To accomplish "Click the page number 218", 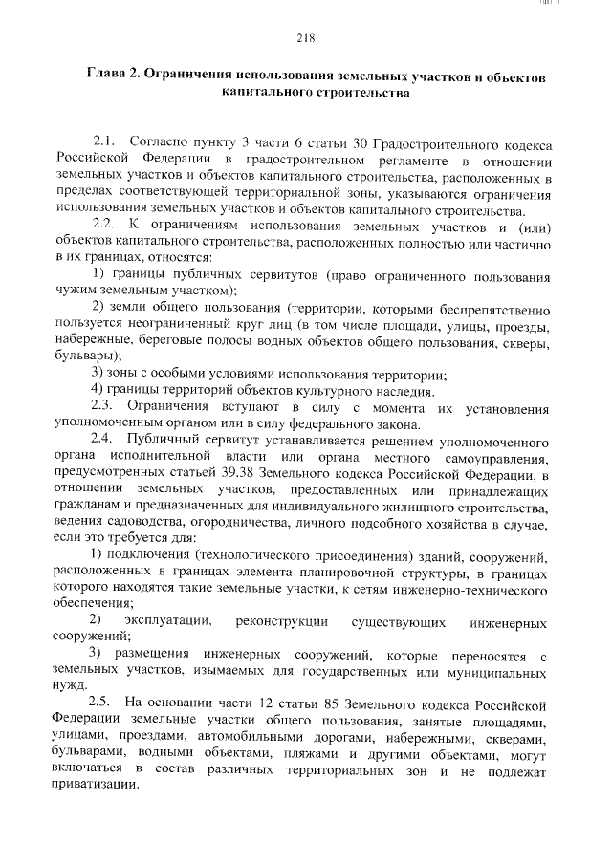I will tap(305, 38).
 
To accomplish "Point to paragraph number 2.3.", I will tap(104, 408).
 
